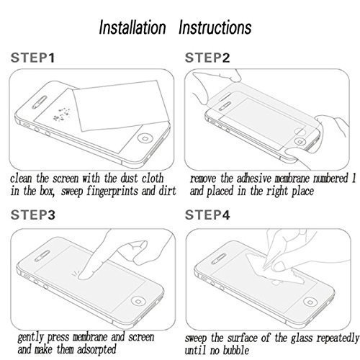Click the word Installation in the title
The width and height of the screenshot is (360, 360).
point(137,28)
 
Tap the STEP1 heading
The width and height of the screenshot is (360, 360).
point(32,57)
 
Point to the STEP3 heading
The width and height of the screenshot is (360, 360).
point(32,214)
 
